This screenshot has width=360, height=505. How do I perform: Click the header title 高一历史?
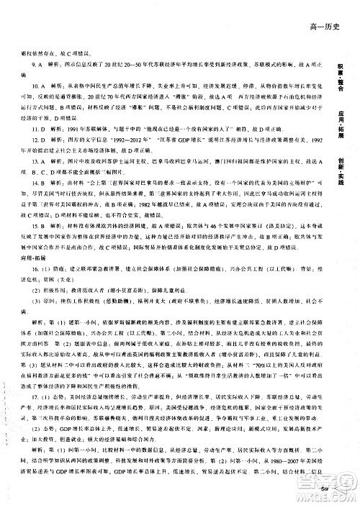(x=323, y=29)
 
